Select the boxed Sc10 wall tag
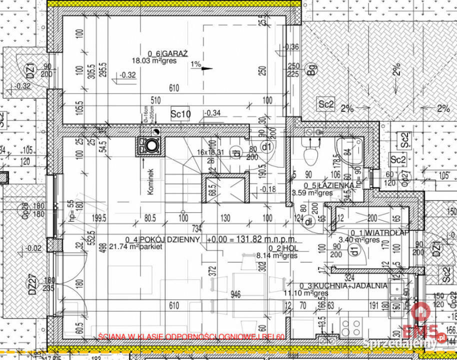pos(180,114)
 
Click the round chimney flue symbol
pos(150,146)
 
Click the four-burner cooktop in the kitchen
pos(350,328)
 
